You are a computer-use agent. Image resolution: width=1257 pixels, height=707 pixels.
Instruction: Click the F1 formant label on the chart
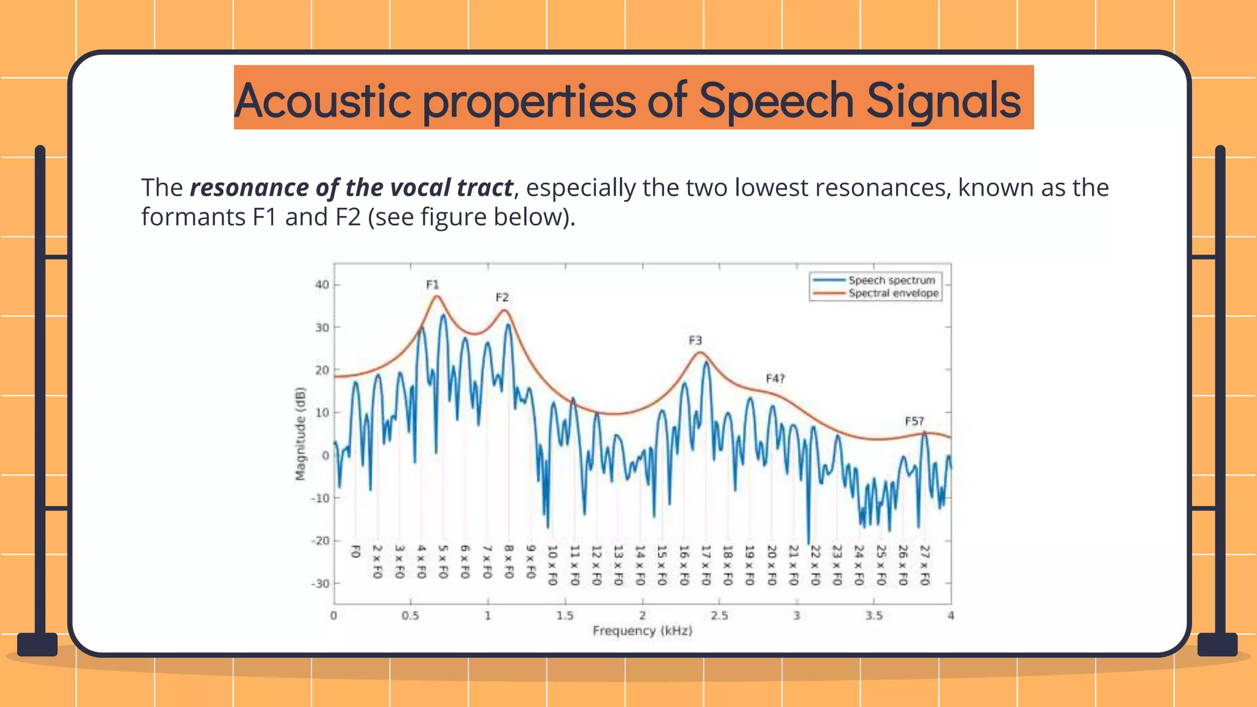[x=433, y=285]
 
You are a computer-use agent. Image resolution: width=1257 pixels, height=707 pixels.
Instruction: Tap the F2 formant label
[x=502, y=298]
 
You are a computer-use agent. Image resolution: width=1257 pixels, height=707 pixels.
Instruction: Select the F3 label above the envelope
[x=695, y=341]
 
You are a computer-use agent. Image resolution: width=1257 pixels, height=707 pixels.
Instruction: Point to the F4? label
[x=775, y=379]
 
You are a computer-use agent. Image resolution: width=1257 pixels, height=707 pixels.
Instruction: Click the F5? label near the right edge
[x=914, y=421]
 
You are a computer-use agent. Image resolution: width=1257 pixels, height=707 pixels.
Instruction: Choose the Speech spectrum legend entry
[x=891, y=280]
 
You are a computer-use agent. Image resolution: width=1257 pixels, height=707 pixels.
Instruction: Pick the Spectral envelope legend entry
[x=893, y=293]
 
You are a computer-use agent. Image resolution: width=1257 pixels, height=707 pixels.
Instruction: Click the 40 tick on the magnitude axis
[x=322, y=285]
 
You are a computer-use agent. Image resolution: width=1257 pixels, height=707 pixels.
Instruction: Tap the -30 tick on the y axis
[x=320, y=584]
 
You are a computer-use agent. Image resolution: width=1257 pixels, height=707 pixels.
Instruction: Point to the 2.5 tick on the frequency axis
[x=719, y=616]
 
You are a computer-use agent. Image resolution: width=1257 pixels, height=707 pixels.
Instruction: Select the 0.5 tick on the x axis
[x=411, y=616]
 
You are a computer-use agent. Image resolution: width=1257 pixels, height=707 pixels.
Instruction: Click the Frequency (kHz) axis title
[x=642, y=631]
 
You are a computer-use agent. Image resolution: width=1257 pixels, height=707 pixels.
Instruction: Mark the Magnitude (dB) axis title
[x=300, y=434]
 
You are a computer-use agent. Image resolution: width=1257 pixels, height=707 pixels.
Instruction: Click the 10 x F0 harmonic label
[x=552, y=565]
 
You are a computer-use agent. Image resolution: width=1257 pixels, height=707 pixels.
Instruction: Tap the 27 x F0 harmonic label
[x=925, y=565]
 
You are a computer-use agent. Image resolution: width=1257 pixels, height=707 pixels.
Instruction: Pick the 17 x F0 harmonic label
[x=706, y=565]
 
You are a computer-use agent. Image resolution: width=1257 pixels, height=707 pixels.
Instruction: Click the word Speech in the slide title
[x=776, y=100]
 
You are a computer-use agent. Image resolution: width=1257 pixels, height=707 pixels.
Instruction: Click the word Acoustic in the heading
[x=323, y=100]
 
